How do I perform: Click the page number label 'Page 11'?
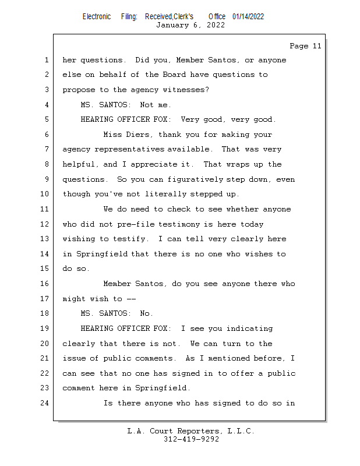pos(305,46)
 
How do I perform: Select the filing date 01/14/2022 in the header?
pos(248,16)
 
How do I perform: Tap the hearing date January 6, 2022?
pos(190,25)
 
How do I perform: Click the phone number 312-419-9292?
pos(191,439)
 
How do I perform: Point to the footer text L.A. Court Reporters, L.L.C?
pos(191,431)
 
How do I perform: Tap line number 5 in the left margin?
pos(47,119)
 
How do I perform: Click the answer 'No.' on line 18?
pos(147,314)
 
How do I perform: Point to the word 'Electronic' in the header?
pos(97,16)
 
